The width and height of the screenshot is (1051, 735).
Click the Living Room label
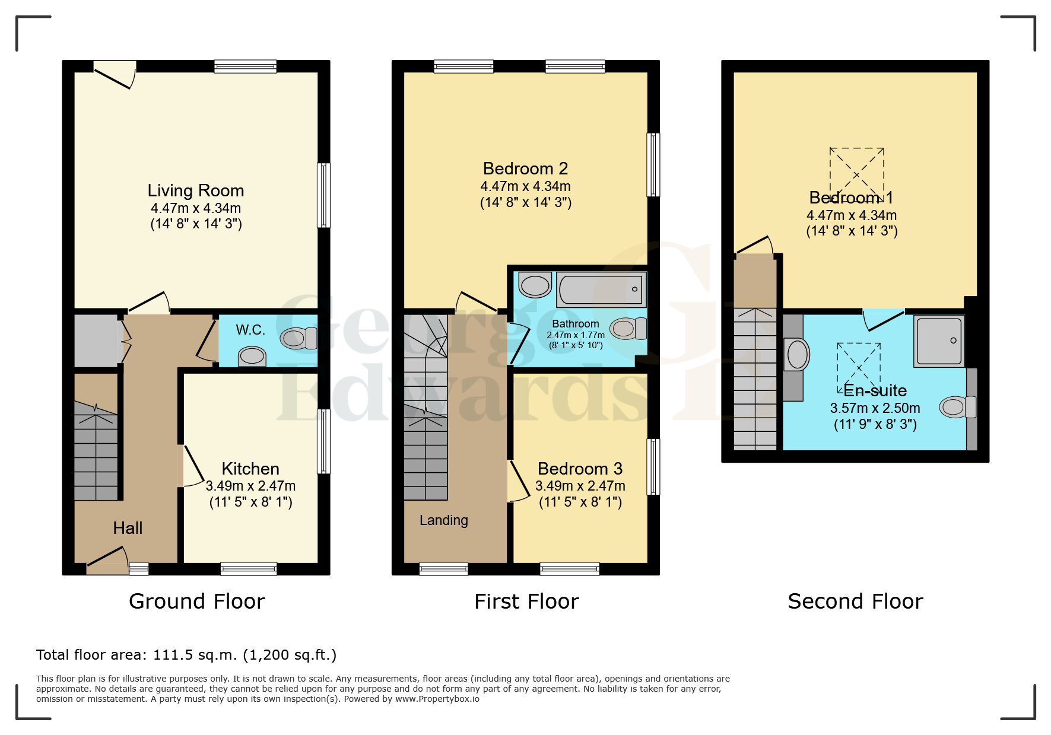[x=196, y=190]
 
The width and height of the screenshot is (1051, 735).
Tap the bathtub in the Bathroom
[x=601, y=289]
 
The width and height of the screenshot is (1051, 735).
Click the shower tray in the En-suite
[x=939, y=341]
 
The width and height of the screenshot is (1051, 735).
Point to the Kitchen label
[x=250, y=469]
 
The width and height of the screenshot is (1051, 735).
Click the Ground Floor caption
[x=197, y=602]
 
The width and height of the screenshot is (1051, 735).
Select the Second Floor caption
[x=855, y=602]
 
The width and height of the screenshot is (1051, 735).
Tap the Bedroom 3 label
[x=580, y=469]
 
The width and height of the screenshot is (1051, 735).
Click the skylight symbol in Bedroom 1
[x=856, y=175]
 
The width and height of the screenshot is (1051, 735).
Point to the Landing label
[x=444, y=520]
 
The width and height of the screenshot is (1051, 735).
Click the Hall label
[x=128, y=528]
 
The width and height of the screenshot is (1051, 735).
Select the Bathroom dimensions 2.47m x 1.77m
[x=576, y=335]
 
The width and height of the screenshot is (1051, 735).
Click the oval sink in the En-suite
[x=797, y=355]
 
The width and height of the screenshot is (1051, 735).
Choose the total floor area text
[x=186, y=655]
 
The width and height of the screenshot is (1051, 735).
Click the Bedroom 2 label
[x=525, y=168]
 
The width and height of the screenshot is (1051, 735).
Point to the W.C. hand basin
[x=252, y=357]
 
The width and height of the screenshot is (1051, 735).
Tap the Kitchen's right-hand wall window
[x=323, y=441]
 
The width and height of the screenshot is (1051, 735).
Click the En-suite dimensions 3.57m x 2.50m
[x=875, y=408]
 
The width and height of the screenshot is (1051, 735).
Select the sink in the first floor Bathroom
[x=535, y=285]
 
